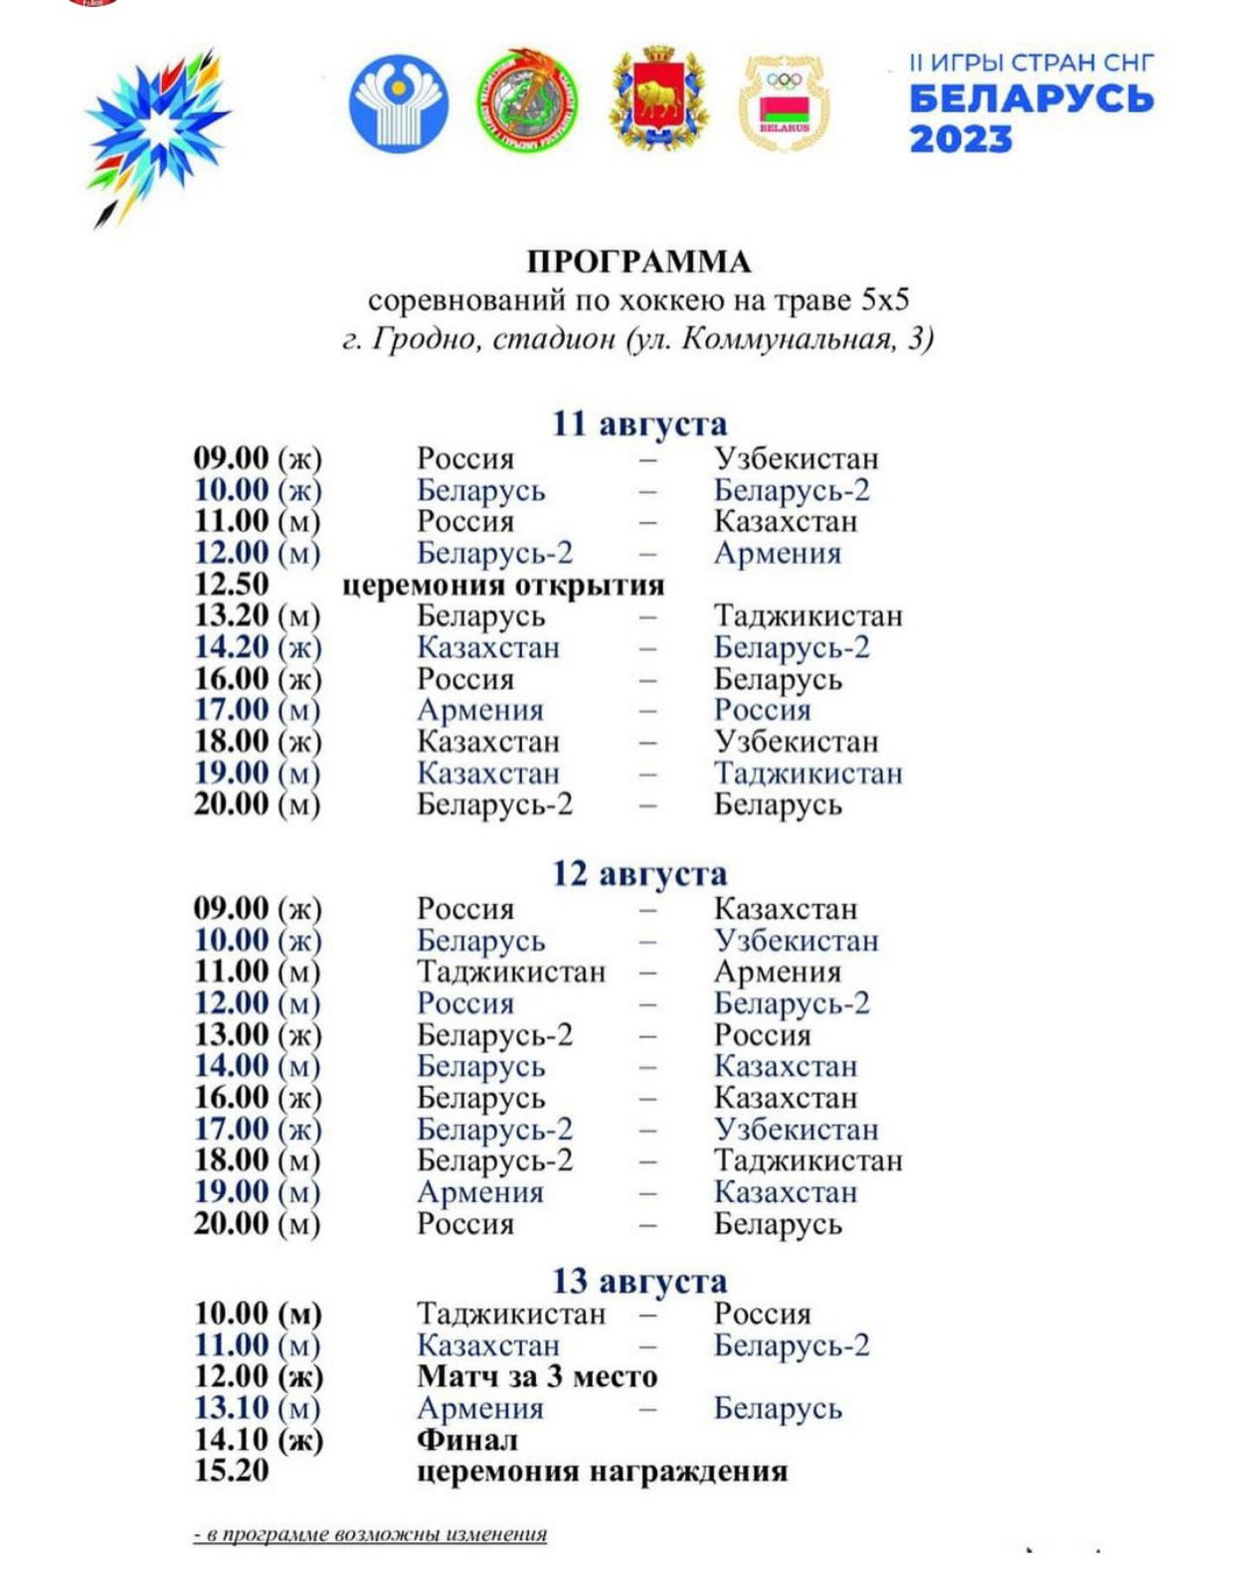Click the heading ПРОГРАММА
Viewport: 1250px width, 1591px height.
638,262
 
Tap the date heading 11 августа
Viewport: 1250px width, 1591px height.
639,424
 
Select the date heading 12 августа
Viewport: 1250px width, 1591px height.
639,874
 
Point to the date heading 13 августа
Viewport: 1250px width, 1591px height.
639,1281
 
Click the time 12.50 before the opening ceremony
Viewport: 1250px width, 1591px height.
231,584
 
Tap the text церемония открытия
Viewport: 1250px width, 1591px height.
503,585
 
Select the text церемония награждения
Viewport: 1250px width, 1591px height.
602,1471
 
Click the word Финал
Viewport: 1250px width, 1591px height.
466,1439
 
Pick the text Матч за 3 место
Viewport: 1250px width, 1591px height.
537,1376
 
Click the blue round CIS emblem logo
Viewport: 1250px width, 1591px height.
398,103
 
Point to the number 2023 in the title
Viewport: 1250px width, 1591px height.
961,139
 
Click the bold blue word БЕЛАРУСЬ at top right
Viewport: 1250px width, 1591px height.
1031,98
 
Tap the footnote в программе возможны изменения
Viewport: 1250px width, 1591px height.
370,1534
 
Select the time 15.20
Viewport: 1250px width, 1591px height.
231,1471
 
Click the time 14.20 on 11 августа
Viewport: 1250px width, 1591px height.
231,647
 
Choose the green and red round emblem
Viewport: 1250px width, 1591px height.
527,101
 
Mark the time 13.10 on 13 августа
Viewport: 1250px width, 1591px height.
231,1408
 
